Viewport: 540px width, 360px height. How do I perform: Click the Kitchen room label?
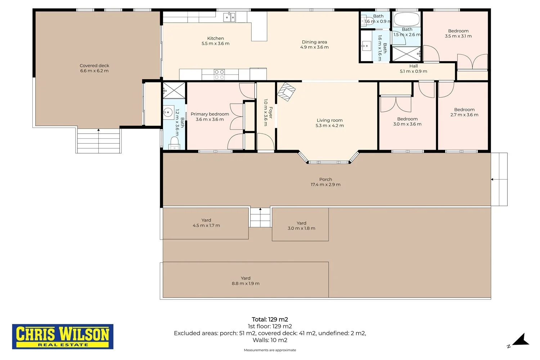pyautogui.click(x=216, y=41)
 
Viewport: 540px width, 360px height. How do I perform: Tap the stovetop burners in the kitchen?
pyautogui.click(x=219, y=74)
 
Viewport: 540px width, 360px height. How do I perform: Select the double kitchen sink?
pyautogui.click(x=229, y=17)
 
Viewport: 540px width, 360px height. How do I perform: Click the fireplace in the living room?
pyautogui.click(x=287, y=92)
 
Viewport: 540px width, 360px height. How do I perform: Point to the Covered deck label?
pyautogui.click(x=94, y=68)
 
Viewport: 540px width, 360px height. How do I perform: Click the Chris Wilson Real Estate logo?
pyautogui.click(x=63, y=336)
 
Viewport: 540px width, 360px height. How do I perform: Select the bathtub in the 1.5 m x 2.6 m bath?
pyautogui.click(x=406, y=19)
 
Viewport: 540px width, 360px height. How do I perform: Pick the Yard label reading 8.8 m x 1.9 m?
pyautogui.click(x=246, y=281)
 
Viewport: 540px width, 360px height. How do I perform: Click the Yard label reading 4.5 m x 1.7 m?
pyautogui.click(x=206, y=222)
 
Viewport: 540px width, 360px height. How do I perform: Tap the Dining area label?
pyautogui.click(x=314, y=44)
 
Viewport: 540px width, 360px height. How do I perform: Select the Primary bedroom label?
pyautogui.click(x=210, y=117)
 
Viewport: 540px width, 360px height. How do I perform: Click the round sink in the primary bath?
pyautogui.click(x=168, y=112)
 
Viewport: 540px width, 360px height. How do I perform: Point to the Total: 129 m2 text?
pyautogui.click(x=270, y=319)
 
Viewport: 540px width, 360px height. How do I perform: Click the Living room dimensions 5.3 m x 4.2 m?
pyautogui.click(x=329, y=125)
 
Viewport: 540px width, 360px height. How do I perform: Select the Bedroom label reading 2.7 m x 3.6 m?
pyautogui.click(x=464, y=112)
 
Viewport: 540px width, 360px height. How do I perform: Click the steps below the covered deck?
pyautogui.click(x=98, y=141)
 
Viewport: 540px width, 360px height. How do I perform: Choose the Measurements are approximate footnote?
pyautogui.click(x=270, y=350)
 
